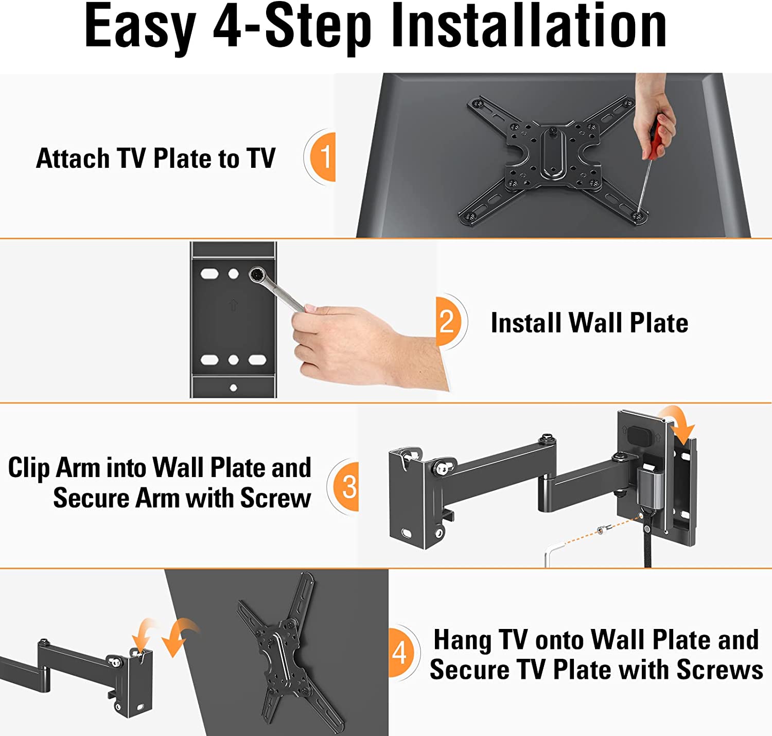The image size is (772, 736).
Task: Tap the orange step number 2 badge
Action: coord(448,322)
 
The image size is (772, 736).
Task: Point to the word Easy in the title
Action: coord(140,29)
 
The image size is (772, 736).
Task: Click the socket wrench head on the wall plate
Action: coord(258,274)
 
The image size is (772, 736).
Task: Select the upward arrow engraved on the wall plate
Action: coord(234,304)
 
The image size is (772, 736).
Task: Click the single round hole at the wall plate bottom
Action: coord(233,388)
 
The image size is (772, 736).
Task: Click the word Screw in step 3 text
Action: coord(276,498)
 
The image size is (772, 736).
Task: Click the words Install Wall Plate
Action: coord(589,323)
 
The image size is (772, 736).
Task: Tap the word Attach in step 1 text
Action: coord(73,159)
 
